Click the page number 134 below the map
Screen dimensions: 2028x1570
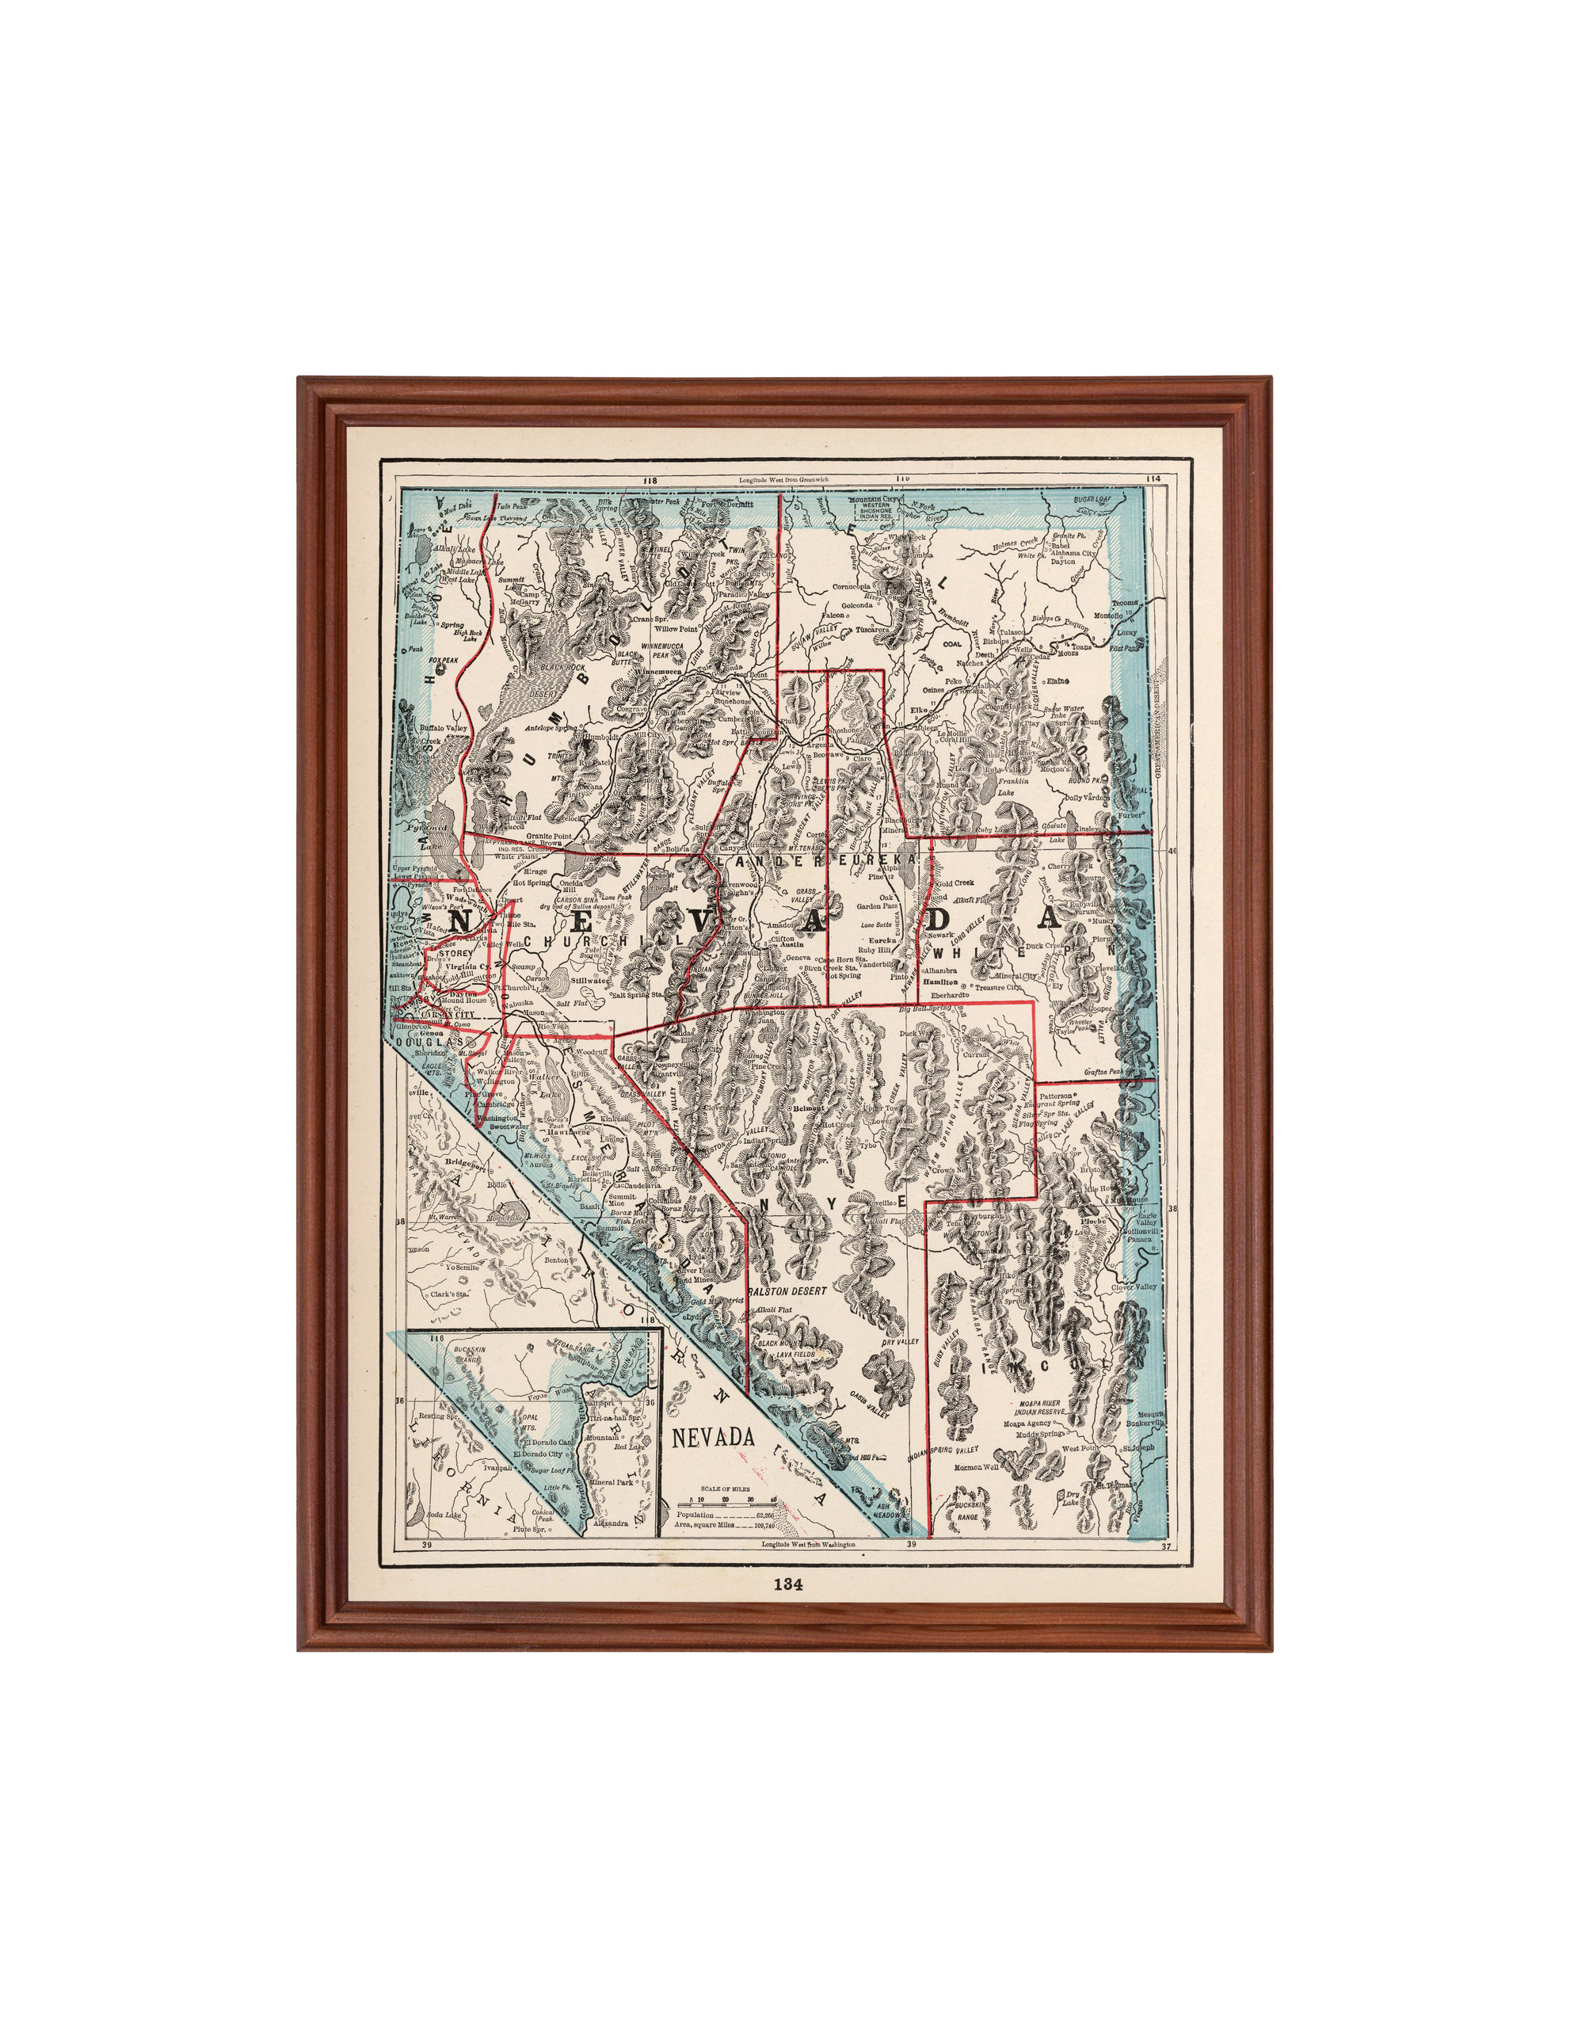click(x=788, y=1585)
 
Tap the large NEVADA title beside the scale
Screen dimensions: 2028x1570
click(x=713, y=1435)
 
